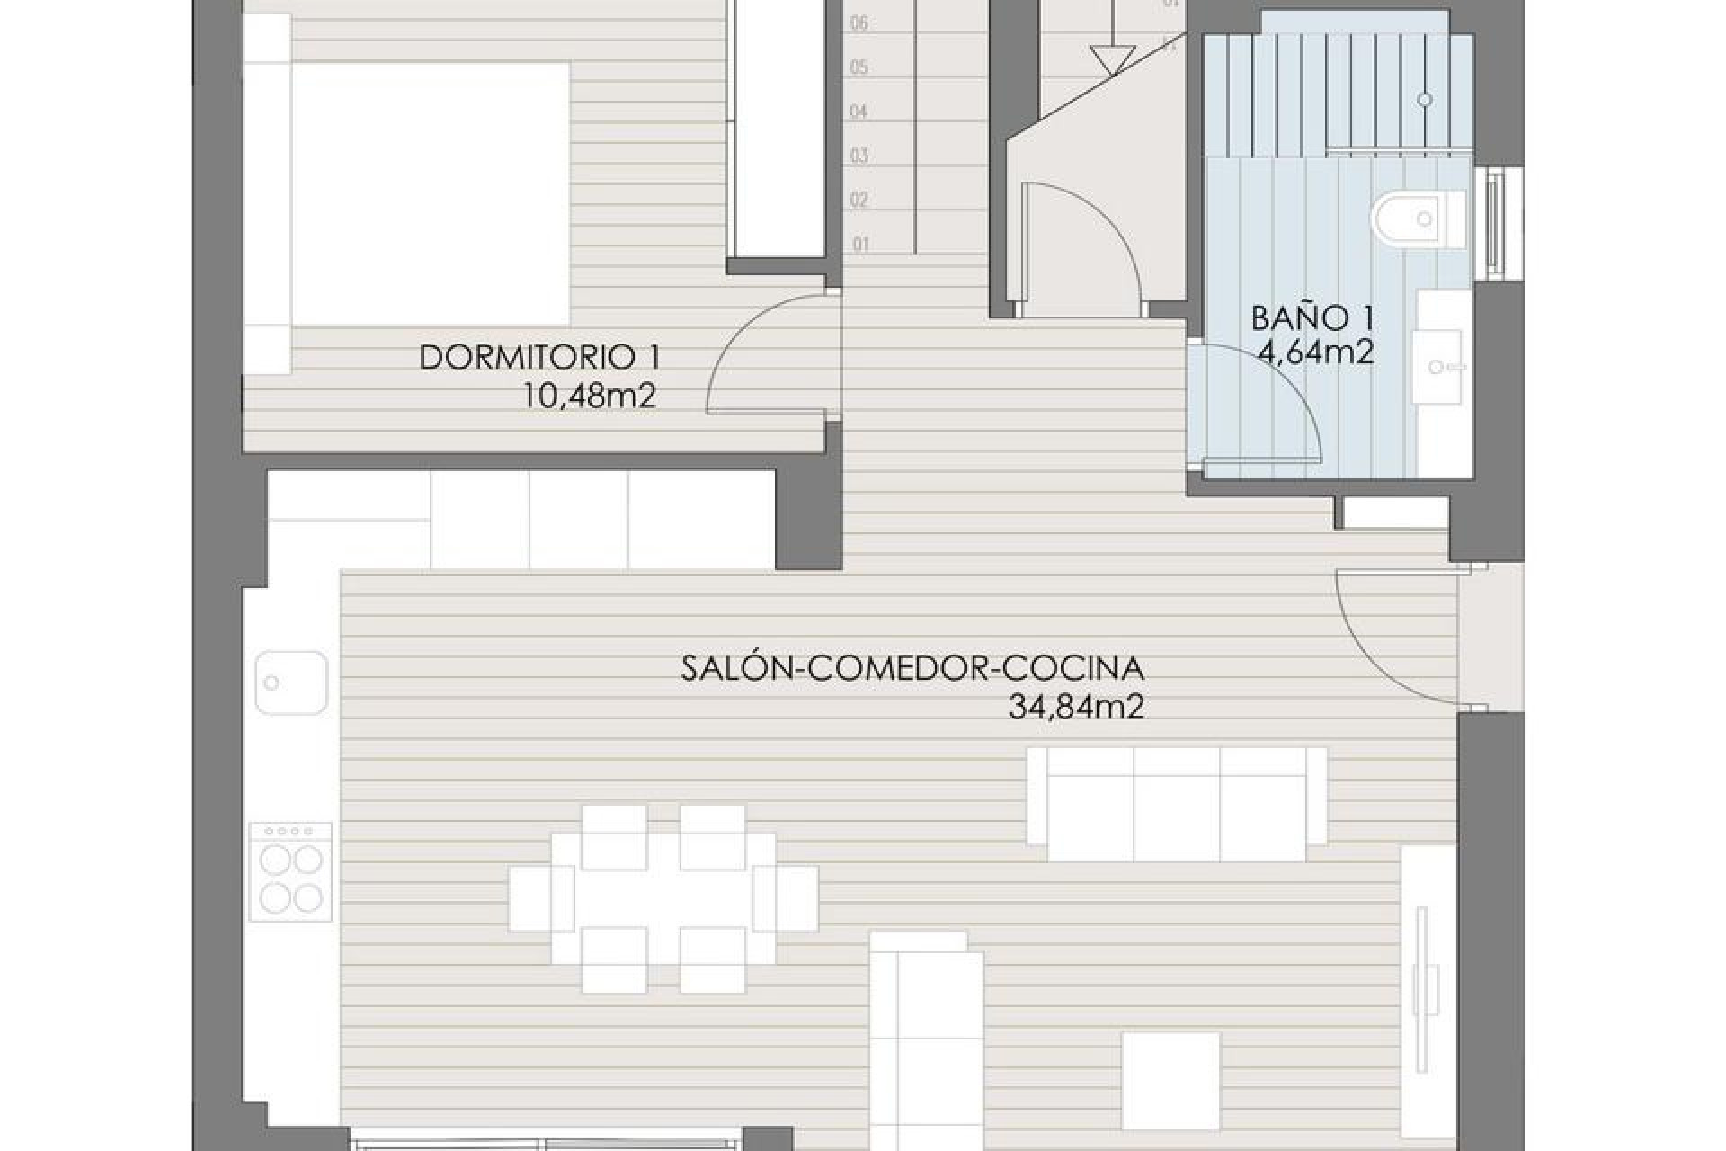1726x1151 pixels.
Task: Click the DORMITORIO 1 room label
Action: [x=539, y=358]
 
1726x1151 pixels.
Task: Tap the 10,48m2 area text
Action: [x=590, y=396]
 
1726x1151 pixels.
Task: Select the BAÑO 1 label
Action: [x=1312, y=317]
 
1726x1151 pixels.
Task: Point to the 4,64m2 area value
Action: [x=1316, y=352]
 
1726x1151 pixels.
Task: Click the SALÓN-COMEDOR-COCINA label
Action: [x=912, y=669]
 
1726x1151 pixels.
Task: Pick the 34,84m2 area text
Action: [x=1076, y=708]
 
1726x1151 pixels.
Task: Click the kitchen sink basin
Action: [x=290, y=683]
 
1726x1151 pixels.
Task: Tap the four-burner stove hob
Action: [x=290, y=871]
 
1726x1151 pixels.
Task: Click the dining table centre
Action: [x=663, y=897]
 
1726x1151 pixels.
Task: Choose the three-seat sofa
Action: [x=1178, y=805]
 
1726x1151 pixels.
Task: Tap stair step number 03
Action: [x=859, y=156]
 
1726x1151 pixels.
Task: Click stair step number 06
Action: [x=859, y=23]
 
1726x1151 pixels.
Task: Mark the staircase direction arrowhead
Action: [x=1112, y=60]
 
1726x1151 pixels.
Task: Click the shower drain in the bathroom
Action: [x=1425, y=100]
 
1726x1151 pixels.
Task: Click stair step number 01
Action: [x=861, y=244]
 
